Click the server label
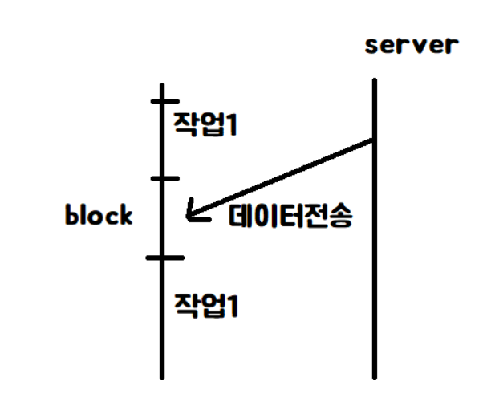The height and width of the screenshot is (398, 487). pyautogui.click(x=411, y=44)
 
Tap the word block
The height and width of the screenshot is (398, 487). pyautogui.click(x=99, y=215)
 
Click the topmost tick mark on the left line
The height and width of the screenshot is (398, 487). pyautogui.click(x=164, y=101)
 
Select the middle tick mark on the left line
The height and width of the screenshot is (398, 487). pyautogui.click(x=164, y=178)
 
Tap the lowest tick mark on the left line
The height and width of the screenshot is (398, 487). pyautogui.click(x=164, y=258)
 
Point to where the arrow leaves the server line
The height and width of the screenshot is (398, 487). pyautogui.click(x=373, y=142)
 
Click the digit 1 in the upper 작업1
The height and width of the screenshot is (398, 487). pyautogui.click(x=232, y=124)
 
